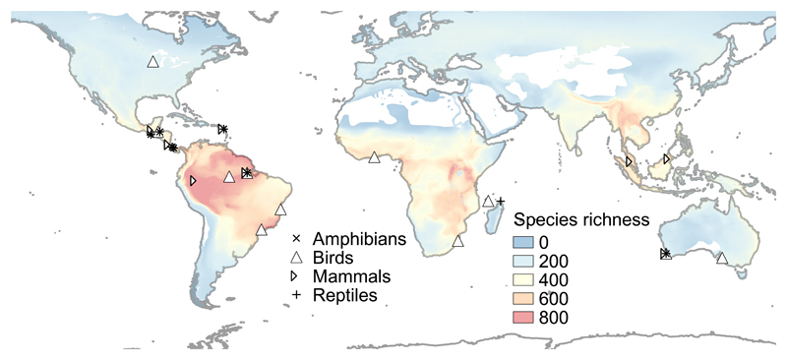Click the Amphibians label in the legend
coord(355,239)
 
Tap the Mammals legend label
coord(345,276)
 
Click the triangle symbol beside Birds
coord(295,258)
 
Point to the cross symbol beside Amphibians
coord(295,239)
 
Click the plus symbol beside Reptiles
coord(295,295)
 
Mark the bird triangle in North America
coord(152,62)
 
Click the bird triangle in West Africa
coord(374,156)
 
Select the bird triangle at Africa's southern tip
coord(457,241)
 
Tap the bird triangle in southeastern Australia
coord(722,259)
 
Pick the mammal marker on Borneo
coord(667,158)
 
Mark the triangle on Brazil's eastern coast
coord(280,209)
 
